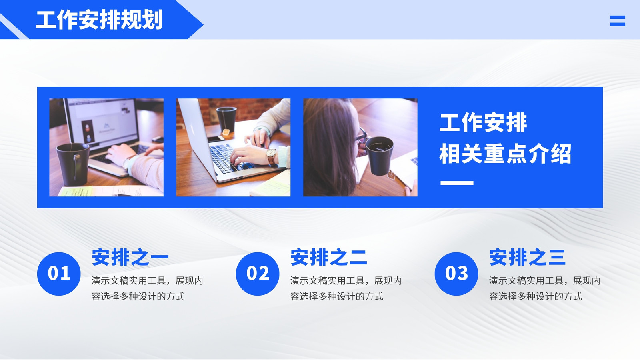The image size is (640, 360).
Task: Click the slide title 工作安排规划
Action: pyautogui.click(x=99, y=20)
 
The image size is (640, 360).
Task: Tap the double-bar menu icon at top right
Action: pyautogui.click(x=618, y=21)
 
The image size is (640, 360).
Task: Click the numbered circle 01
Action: pyautogui.click(x=59, y=274)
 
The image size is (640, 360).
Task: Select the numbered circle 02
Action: pyautogui.click(x=258, y=274)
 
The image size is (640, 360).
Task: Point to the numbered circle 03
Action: pyautogui.click(x=456, y=274)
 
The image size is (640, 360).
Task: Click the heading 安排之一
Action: pyautogui.click(x=130, y=257)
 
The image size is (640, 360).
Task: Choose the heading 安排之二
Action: pyautogui.click(x=328, y=257)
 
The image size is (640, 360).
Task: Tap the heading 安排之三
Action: pyautogui.click(x=528, y=257)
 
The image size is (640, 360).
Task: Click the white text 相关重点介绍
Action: pyautogui.click(x=505, y=154)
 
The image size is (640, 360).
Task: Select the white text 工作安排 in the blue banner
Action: pyautogui.click(x=483, y=122)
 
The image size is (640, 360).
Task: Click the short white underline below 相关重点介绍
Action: pyautogui.click(x=457, y=183)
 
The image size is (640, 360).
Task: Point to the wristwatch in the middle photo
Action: pyautogui.click(x=271, y=156)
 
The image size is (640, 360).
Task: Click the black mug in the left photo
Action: pyautogui.click(x=73, y=164)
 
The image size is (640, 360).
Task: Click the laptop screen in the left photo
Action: pyautogui.click(x=102, y=120)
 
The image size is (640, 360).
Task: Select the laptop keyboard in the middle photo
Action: pyautogui.click(x=230, y=158)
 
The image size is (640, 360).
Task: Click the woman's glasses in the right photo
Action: pyautogui.click(x=361, y=136)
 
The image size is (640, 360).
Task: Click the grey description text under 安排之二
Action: pyautogui.click(x=346, y=288)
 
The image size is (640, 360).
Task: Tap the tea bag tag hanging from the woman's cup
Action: pyautogui.click(x=391, y=175)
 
